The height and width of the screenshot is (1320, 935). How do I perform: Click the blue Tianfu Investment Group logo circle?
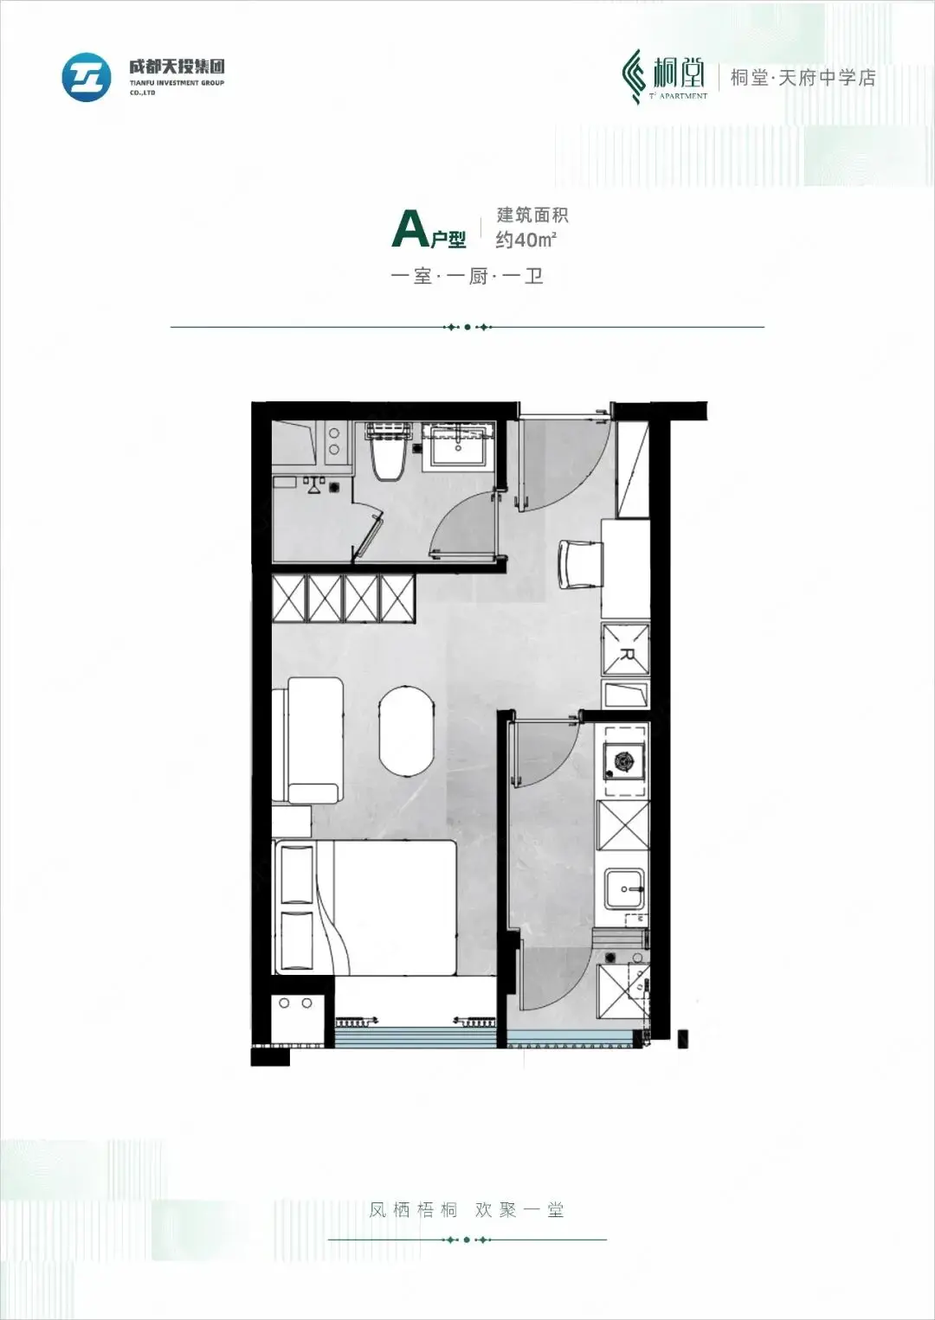[x=87, y=76]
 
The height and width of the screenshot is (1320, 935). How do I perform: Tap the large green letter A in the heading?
[x=410, y=230]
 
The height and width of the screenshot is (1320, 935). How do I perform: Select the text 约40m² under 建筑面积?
[x=526, y=240]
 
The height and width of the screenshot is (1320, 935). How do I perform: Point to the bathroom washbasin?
[x=458, y=446]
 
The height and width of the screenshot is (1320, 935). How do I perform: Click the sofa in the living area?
[x=308, y=740]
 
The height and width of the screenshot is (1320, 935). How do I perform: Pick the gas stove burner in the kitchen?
[x=623, y=760]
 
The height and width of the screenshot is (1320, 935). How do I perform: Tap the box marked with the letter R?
[x=625, y=650]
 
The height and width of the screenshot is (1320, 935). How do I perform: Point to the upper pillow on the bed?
[x=297, y=873]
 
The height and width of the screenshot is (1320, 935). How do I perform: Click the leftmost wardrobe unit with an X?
[x=290, y=598]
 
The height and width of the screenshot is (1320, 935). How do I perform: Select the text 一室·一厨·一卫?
[x=467, y=276]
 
